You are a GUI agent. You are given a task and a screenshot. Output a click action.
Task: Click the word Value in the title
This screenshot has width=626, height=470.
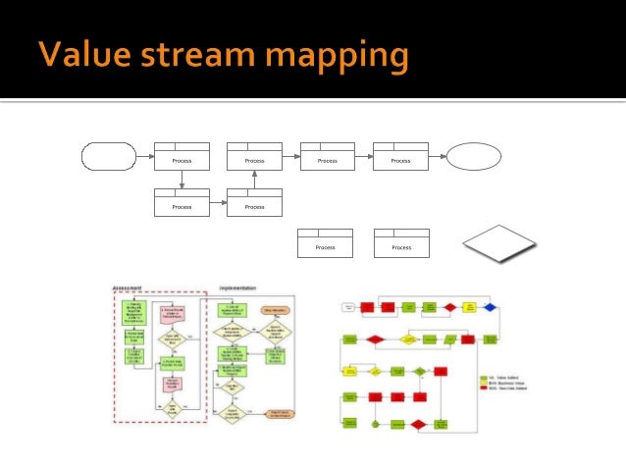[81, 54]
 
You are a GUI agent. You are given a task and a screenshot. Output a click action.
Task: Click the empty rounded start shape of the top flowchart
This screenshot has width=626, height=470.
[108, 156]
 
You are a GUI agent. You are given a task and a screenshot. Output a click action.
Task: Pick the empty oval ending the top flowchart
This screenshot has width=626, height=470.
[474, 156]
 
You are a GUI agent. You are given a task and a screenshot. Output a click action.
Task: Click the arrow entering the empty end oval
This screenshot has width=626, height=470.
[438, 156]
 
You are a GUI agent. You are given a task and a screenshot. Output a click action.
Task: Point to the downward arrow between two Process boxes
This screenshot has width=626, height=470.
[182, 180]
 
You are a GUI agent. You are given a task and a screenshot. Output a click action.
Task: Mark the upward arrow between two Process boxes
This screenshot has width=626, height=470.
[254, 180]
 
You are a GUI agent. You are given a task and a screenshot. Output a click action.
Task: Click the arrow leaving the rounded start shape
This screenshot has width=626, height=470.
[144, 156]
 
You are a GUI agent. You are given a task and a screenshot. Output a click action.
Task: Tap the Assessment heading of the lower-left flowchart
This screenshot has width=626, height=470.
[128, 287]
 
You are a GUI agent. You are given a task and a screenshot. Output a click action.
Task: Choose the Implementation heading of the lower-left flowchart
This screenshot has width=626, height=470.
[238, 287]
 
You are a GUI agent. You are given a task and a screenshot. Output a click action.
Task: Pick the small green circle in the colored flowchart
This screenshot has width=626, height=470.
[376, 424]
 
